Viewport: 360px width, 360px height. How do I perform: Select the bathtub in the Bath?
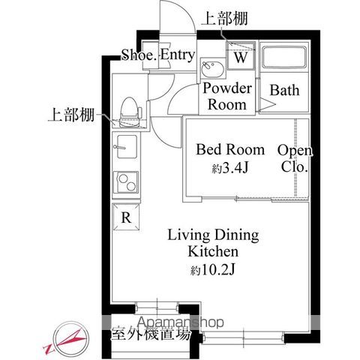(284, 57)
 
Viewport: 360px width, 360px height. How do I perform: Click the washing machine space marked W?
(241, 56)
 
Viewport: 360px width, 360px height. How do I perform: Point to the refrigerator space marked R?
(126, 217)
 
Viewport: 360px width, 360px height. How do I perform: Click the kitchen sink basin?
(127, 147)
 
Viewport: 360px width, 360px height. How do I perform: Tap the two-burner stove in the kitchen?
(126, 182)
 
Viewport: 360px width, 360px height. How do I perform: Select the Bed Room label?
(230, 150)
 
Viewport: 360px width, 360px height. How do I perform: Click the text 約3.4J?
(230, 169)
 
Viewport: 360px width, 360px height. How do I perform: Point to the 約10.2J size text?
(213, 269)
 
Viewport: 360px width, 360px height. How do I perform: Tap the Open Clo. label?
(295, 158)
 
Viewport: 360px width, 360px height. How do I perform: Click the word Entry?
(178, 55)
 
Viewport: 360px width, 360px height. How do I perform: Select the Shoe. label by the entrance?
(139, 55)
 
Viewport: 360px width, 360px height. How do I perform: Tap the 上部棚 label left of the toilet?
(71, 115)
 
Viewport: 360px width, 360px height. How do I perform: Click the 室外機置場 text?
(151, 334)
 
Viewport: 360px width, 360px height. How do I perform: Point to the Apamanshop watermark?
(181, 322)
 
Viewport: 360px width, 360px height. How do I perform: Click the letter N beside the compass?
(48, 349)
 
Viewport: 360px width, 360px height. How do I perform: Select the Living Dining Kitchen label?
(213, 243)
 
